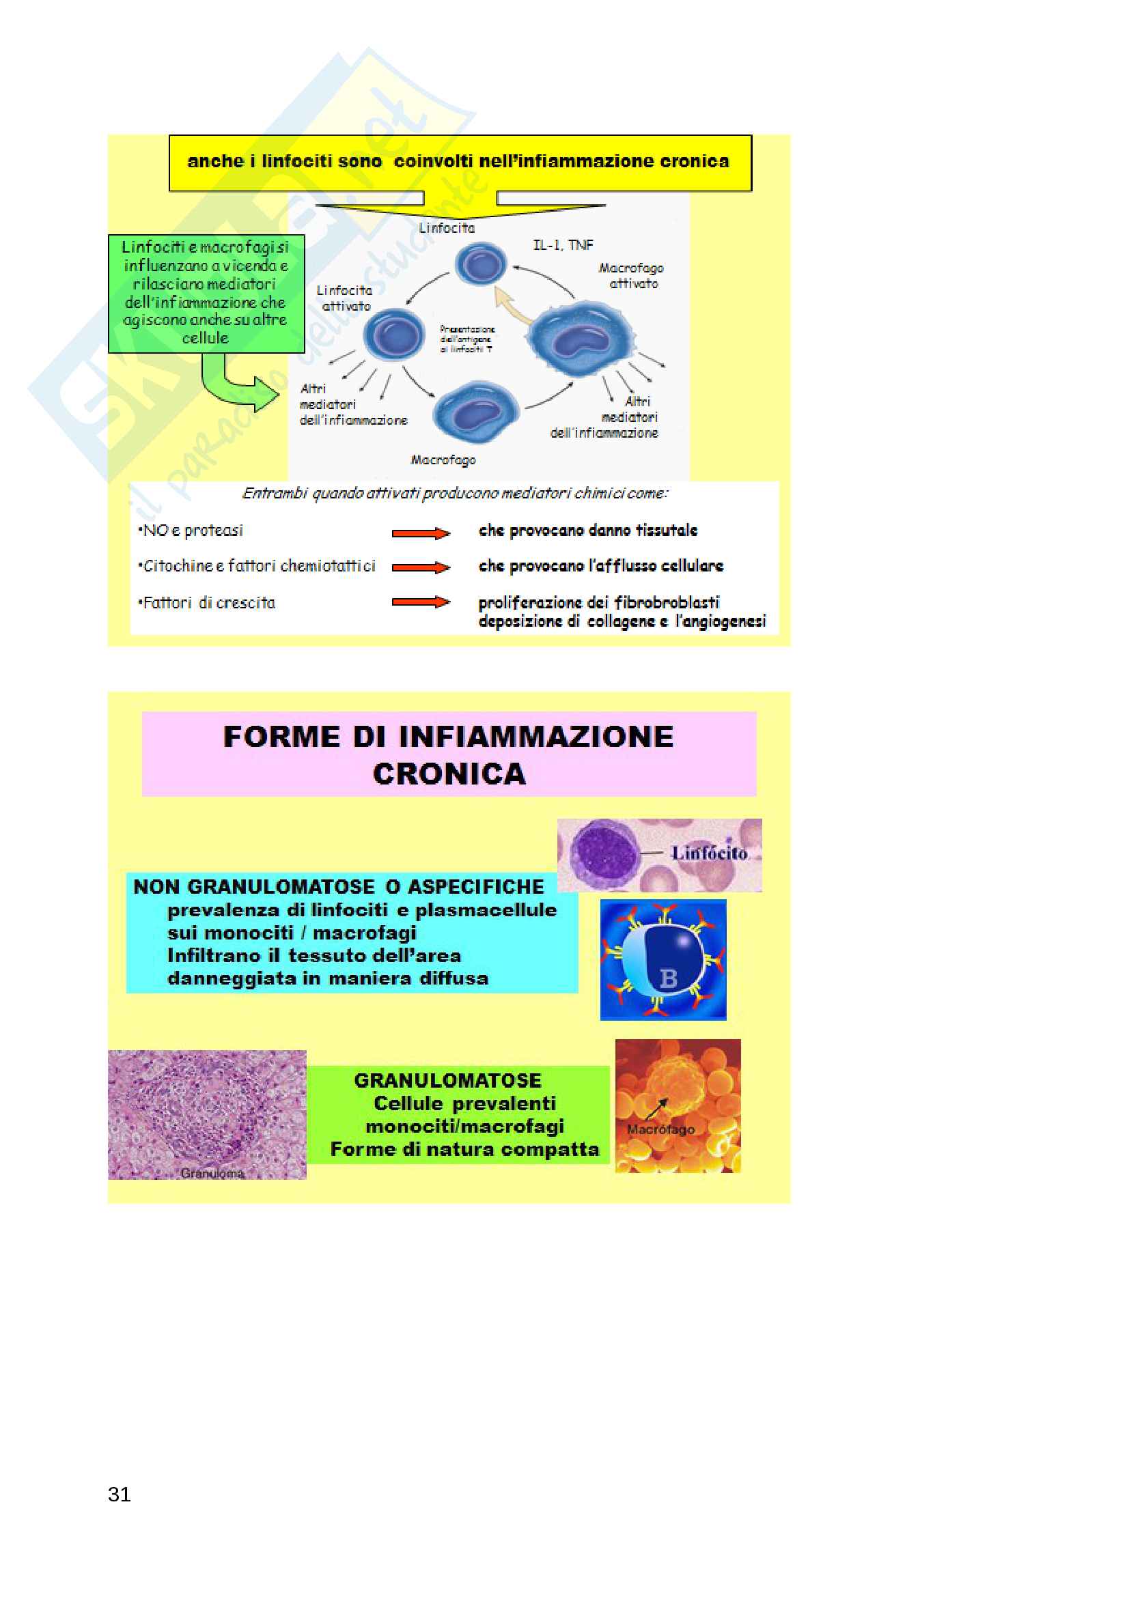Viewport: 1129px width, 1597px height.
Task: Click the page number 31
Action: [119, 1493]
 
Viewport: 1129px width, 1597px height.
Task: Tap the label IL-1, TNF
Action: [563, 245]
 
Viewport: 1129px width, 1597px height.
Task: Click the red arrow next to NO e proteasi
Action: [420, 533]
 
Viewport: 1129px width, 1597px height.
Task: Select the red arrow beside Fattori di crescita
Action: [420, 602]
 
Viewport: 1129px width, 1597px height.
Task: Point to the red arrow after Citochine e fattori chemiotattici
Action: [420, 567]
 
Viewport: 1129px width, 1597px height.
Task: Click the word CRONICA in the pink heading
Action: [449, 774]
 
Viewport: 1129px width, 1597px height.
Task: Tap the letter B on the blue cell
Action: [668, 978]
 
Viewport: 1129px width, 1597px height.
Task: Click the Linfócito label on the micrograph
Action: [709, 852]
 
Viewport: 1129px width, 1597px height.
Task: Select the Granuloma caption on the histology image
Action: [212, 1173]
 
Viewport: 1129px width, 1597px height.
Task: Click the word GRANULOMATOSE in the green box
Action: [447, 1080]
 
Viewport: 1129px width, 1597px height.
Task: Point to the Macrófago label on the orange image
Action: [660, 1129]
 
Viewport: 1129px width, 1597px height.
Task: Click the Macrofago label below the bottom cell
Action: [443, 459]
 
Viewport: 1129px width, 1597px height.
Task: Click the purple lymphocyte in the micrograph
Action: [602, 852]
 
